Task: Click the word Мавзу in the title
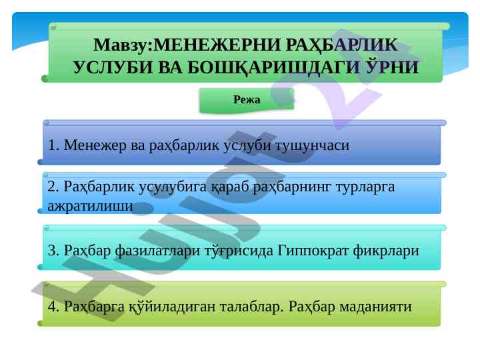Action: [120, 45]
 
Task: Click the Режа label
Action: [247, 99]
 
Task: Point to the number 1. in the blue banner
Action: [53, 145]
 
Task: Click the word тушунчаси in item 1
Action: [312, 146]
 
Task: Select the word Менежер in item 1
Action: [95, 145]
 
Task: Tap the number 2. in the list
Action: [53, 187]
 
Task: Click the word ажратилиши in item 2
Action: [90, 206]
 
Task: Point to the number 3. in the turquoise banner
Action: [53, 251]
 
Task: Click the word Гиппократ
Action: [313, 251]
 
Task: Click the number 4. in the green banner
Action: [53, 307]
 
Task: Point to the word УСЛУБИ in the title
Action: [113, 67]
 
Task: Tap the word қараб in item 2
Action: [230, 187]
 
